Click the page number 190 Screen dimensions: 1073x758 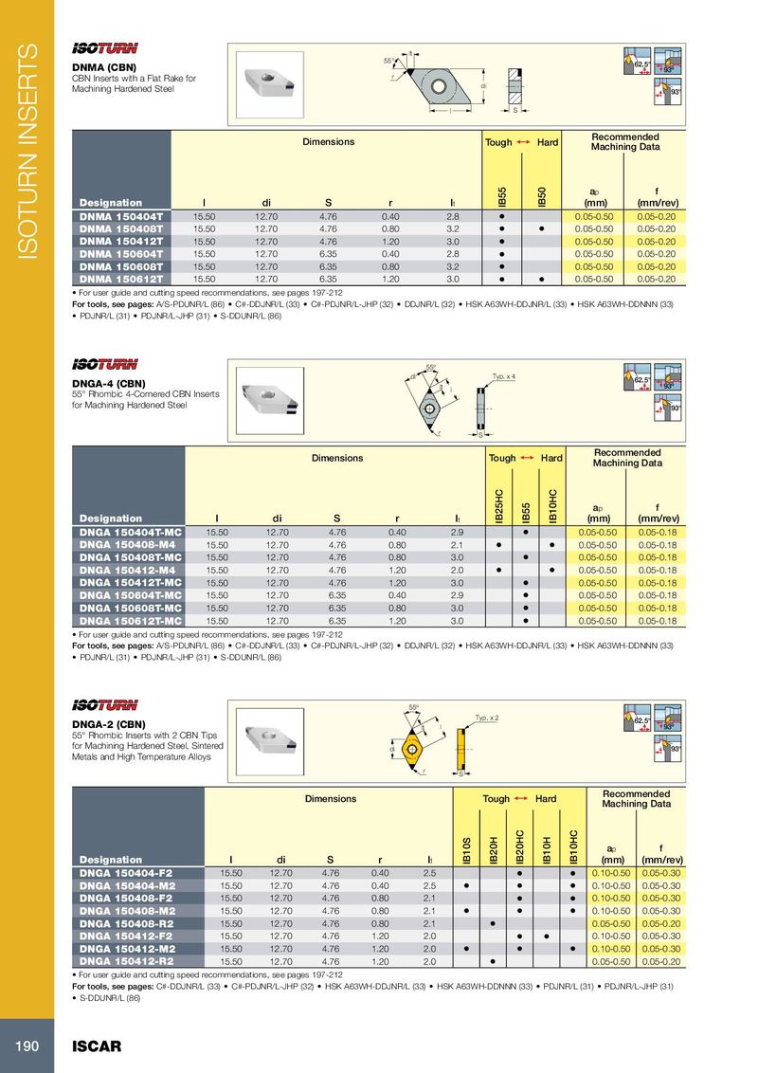point(25,1046)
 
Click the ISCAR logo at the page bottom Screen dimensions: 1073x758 point(97,1046)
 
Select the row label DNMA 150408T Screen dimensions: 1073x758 point(121,229)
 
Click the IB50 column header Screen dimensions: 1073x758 point(541,197)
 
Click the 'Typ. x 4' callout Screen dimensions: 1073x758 point(503,376)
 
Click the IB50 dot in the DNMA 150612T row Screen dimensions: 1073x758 point(541,280)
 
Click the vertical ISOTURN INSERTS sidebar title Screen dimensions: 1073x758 point(27,152)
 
